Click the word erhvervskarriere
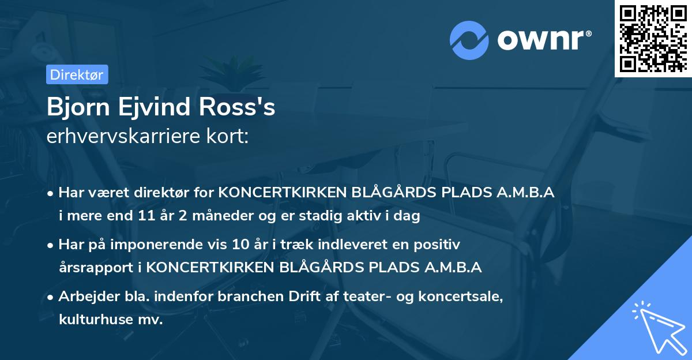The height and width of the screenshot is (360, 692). [x=122, y=137]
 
